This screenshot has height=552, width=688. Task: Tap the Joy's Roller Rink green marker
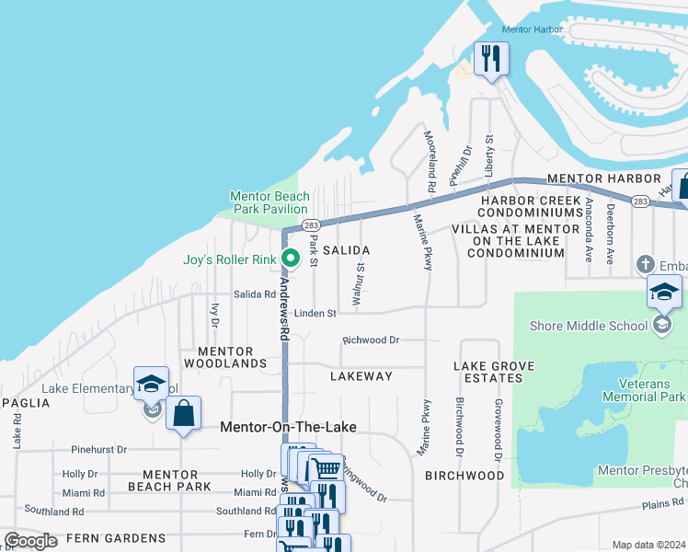[x=291, y=259]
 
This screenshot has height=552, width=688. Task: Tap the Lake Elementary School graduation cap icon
[x=151, y=385]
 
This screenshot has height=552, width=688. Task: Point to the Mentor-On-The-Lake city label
[x=287, y=428]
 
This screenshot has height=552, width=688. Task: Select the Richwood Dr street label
[x=371, y=339]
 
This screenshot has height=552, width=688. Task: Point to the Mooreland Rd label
[x=430, y=161]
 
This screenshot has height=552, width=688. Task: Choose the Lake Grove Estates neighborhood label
[x=494, y=372]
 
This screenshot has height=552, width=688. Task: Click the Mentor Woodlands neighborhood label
[x=225, y=357]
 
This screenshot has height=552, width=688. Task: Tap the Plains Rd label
[x=663, y=503]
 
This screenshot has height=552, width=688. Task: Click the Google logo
[x=31, y=541]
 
